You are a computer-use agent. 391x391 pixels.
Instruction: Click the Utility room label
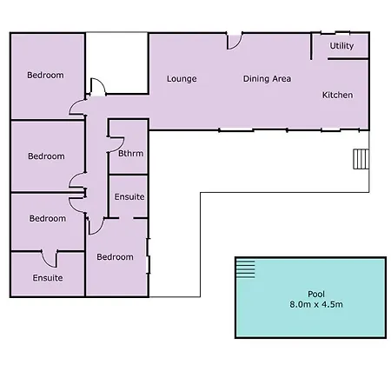point(341,46)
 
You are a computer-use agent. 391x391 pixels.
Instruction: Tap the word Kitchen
point(338,95)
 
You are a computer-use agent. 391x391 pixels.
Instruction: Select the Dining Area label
point(267,79)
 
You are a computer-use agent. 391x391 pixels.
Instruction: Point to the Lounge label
point(182,79)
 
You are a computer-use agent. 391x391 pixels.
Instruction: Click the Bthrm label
point(131,153)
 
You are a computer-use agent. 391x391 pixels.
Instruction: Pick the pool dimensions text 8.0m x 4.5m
point(316,304)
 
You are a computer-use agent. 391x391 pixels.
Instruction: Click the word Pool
point(316,294)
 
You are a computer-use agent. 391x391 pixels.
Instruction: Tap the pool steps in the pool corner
point(246,269)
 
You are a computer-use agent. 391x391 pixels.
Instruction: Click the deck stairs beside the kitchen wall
point(361,159)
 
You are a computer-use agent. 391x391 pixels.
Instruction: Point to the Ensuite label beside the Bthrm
point(129,197)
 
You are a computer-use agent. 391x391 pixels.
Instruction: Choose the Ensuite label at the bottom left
point(48,278)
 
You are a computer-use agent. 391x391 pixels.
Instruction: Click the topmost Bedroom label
point(45,76)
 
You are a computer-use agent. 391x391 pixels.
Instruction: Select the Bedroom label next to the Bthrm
point(46,156)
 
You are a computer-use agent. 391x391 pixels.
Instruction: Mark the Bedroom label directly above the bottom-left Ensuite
point(48,218)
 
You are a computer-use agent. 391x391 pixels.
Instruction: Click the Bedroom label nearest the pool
point(116,257)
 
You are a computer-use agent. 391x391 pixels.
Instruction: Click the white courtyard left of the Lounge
point(117,63)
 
